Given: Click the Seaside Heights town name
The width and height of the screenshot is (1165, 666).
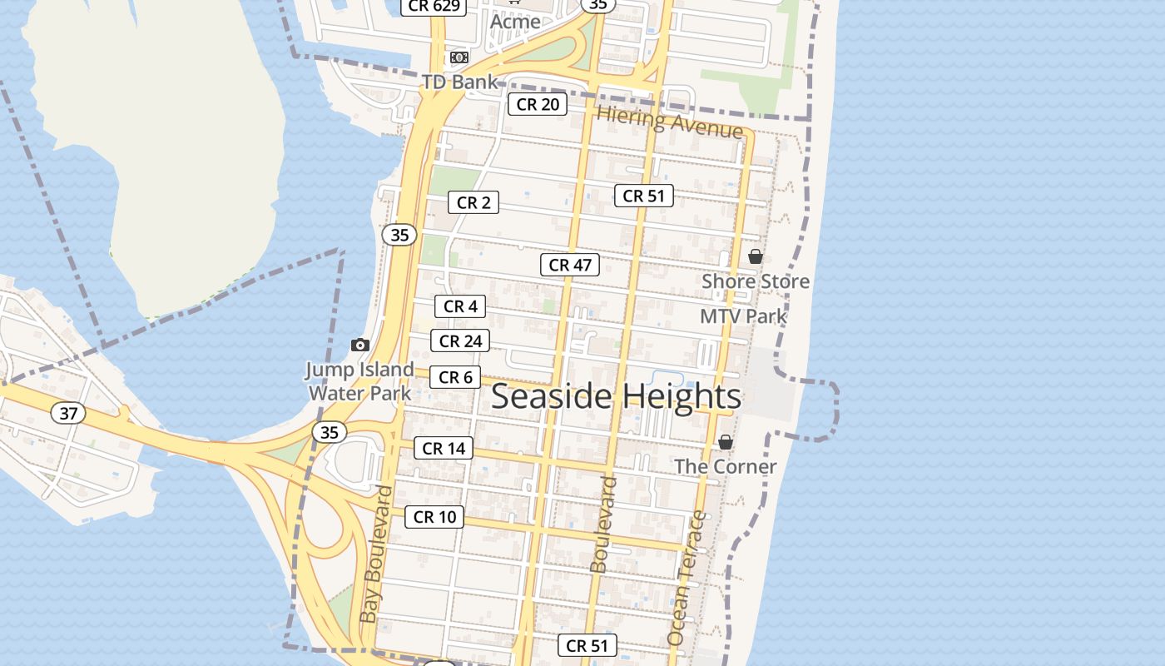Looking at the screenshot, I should (616, 396).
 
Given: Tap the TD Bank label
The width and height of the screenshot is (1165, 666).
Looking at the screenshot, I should (459, 82).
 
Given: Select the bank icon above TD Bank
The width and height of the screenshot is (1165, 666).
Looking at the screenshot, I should (459, 57).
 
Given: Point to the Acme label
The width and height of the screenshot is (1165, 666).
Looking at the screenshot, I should (515, 22).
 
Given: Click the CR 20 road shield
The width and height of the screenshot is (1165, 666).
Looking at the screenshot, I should (538, 104).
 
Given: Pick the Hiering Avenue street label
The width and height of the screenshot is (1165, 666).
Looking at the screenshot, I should (670, 123).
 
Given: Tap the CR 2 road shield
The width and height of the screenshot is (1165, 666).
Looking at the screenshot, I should (473, 202).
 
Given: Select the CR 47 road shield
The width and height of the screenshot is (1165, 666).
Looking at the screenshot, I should (570, 265).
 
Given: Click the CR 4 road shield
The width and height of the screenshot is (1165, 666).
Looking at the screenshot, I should (460, 306).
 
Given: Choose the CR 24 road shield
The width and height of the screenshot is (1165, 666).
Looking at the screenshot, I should (460, 340).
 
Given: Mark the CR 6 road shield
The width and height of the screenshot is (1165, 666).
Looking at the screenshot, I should (455, 377).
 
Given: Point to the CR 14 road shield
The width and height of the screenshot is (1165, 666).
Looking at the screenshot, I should (444, 448).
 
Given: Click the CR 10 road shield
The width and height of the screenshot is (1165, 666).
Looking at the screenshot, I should (435, 517).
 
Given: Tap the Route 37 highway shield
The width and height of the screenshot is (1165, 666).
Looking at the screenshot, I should (67, 412).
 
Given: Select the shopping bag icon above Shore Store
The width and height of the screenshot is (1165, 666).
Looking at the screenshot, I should (755, 256).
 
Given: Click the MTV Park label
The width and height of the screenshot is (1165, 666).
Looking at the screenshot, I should (743, 316).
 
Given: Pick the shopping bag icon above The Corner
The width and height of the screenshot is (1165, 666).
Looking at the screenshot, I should (726, 442).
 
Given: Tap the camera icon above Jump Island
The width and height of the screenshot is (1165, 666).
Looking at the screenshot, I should (359, 345).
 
